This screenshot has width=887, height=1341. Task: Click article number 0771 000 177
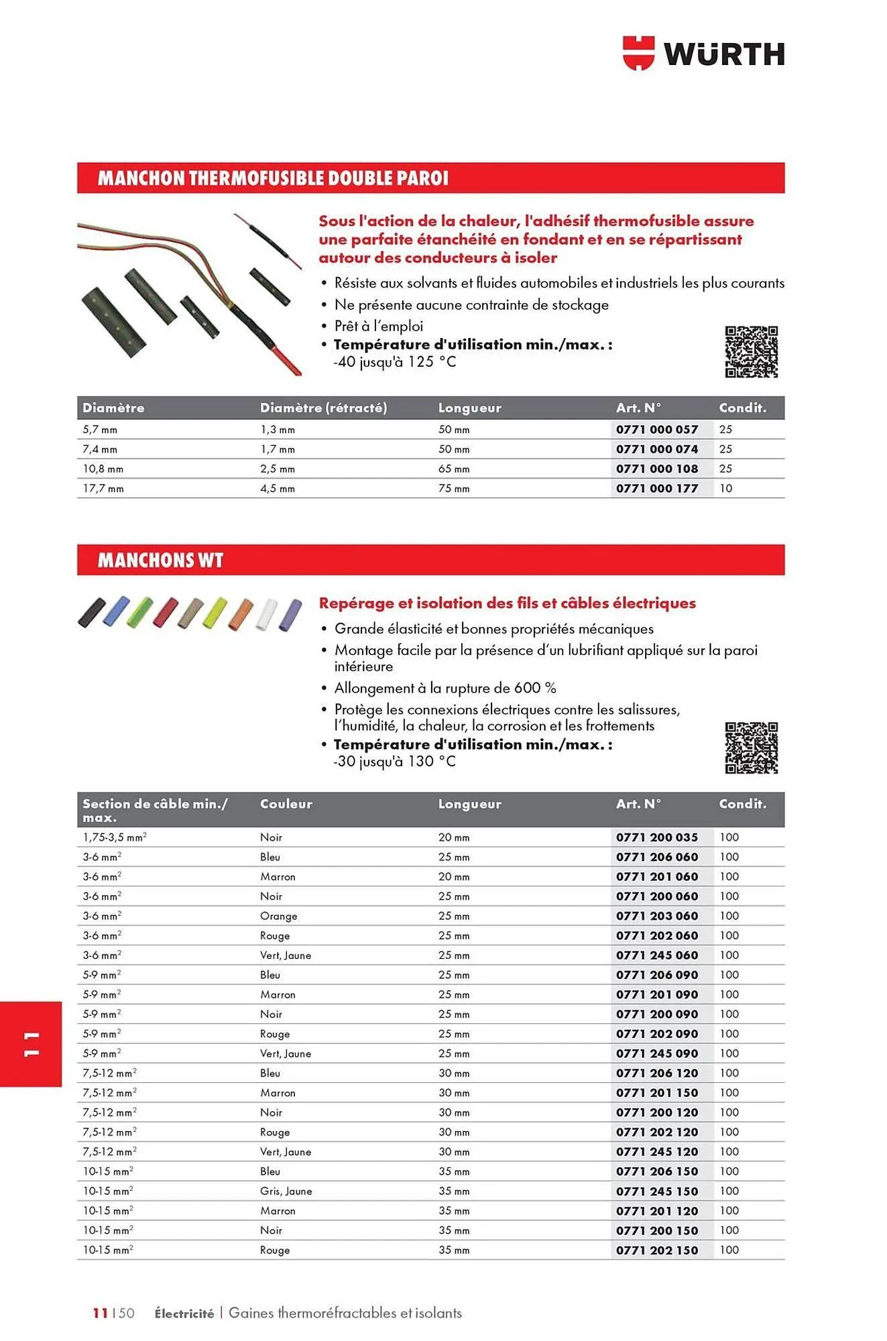[x=656, y=489]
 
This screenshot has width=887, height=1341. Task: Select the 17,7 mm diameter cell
[x=103, y=489]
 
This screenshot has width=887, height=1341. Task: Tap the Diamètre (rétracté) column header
[x=323, y=408]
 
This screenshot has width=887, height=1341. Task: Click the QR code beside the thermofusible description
[x=751, y=352]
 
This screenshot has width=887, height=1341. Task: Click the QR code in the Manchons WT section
[x=751, y=748]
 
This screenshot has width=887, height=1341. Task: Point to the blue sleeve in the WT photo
[x=117, y=611]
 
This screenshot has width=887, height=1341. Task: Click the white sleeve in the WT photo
[x=266, y=614]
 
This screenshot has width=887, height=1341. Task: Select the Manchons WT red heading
[x=430, y=560]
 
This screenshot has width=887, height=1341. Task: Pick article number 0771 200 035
[x=656, y=837]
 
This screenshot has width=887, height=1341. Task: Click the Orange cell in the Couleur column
[x=278, y=916]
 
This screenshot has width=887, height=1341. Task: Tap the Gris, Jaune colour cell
[x=286, y=1191]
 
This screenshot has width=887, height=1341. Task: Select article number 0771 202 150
[x=656, y=1250]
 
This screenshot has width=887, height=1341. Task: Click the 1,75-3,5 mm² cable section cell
[x=114, y=837]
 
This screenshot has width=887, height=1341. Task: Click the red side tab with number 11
[x=31, y=1044]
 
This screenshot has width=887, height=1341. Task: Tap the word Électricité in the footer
[x=184, y=1314]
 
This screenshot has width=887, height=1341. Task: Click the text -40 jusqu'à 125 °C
[x=394, y=362]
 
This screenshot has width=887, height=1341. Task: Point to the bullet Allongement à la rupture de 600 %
[x=445, y=688]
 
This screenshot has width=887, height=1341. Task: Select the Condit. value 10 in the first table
[x=725, y=489]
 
